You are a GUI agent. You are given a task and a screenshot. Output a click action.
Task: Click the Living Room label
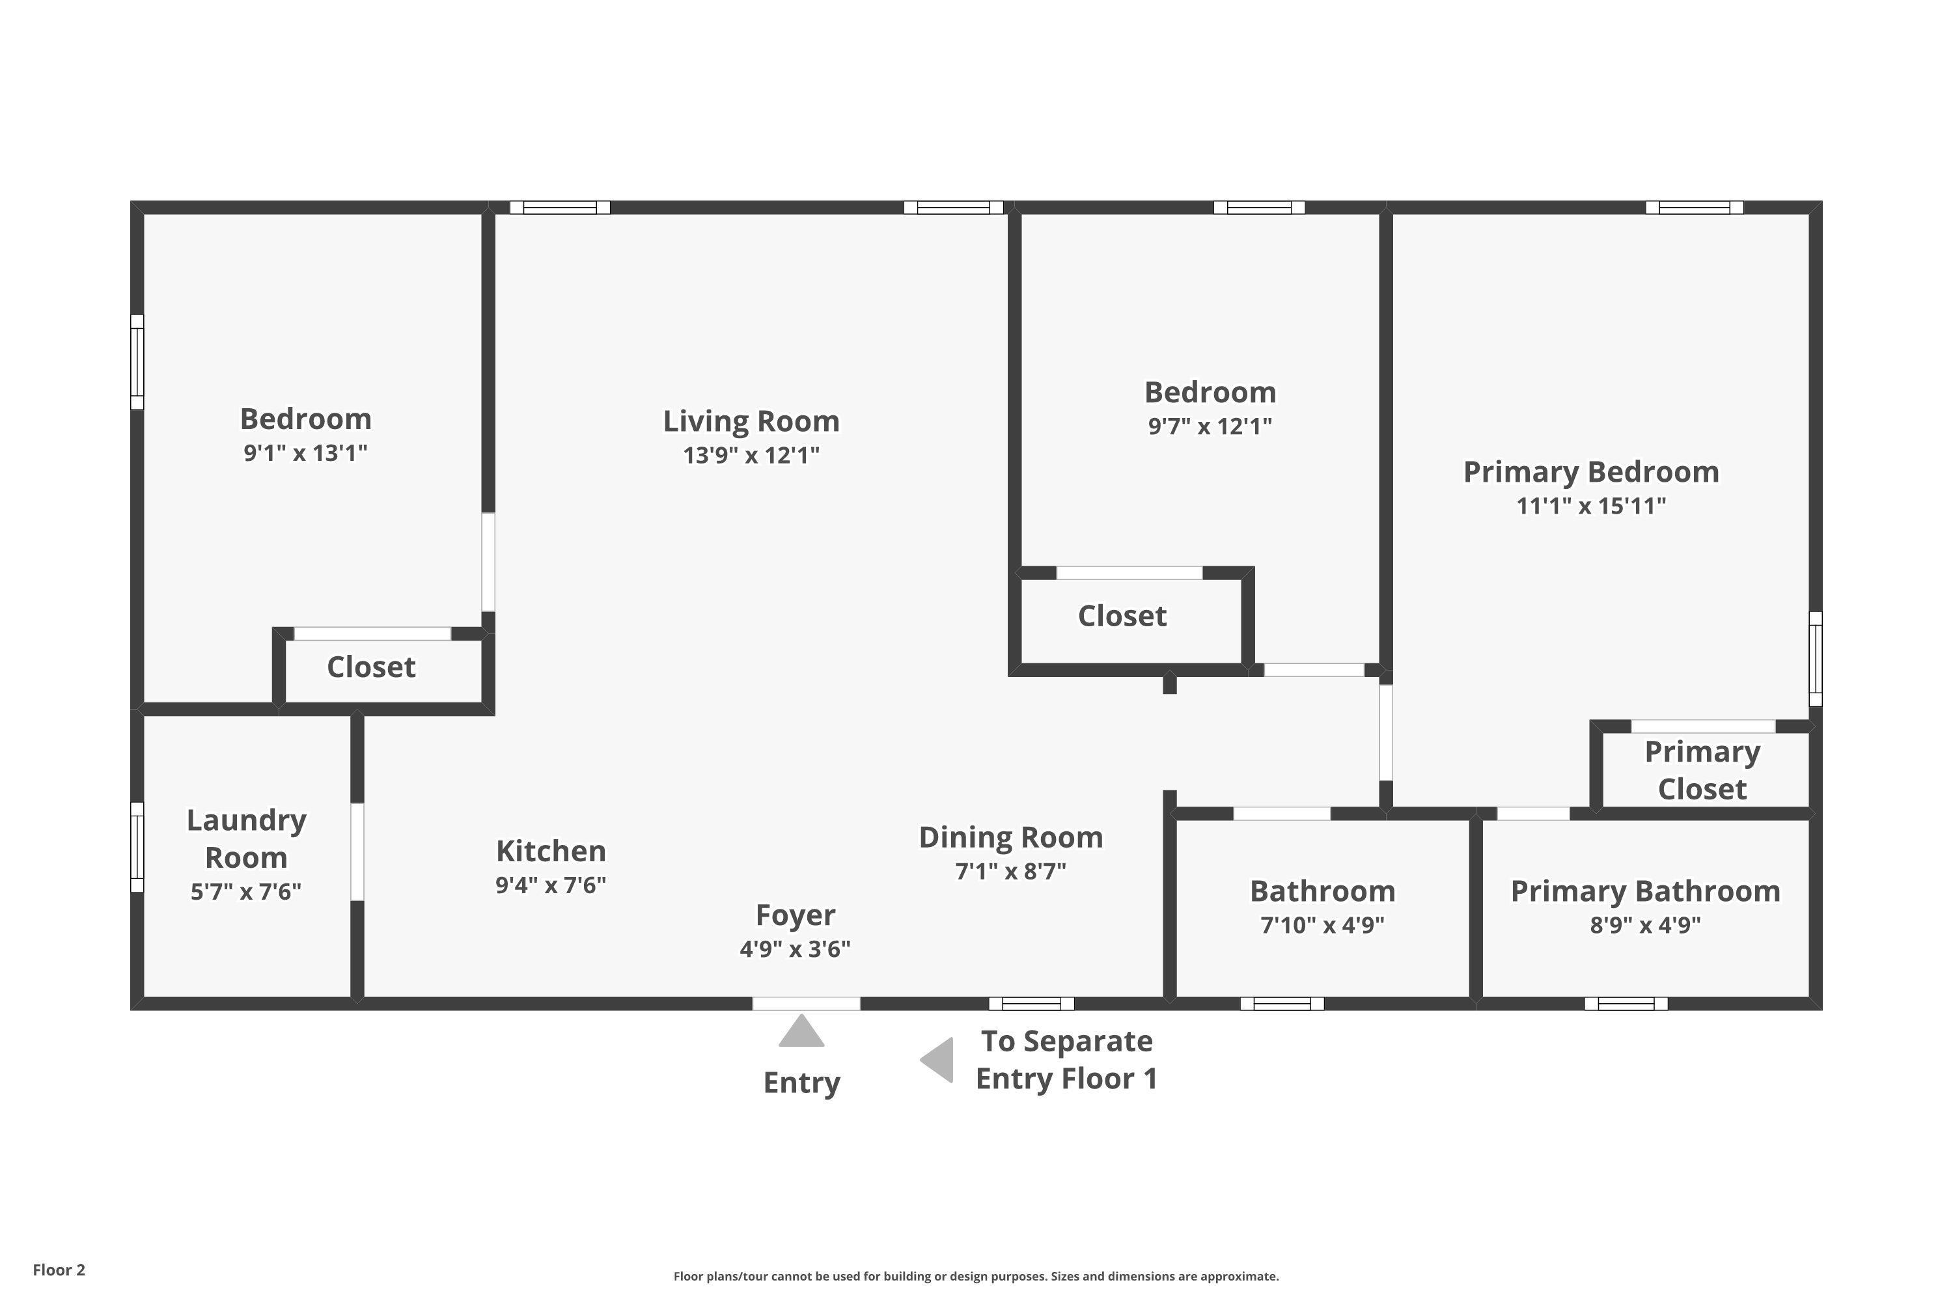(751, 421)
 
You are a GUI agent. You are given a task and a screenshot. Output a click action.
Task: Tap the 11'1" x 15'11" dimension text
(1591, 506)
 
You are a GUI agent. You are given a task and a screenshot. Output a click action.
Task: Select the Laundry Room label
(246, 838)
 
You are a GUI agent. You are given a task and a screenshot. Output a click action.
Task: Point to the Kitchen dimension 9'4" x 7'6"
(551, 885)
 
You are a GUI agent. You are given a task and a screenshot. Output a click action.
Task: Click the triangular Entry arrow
(801, 1031)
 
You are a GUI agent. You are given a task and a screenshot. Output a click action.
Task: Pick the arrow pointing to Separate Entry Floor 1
(937, 1060)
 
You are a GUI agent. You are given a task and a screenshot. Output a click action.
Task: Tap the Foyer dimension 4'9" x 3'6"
(796, 949)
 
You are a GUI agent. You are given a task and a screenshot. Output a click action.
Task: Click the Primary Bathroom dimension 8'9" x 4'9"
(1645, 925)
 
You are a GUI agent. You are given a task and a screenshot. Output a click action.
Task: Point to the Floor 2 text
(59, 1269)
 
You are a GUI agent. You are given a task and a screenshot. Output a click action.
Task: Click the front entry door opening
(807, 1003)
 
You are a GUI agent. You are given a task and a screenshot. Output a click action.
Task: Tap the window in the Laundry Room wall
(137, 847)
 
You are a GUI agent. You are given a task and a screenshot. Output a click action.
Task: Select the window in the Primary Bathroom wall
(1626, 1003)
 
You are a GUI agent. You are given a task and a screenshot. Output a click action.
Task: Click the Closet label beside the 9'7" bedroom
(1122, 616)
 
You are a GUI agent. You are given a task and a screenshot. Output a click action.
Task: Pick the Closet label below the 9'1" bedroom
(370, 667)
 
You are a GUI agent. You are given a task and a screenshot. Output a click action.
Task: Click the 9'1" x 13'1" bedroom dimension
(305, 453)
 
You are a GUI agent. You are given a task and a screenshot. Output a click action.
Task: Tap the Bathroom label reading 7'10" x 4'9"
(1323, 891)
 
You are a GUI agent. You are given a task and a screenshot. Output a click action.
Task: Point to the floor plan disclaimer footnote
(976, 1276)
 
